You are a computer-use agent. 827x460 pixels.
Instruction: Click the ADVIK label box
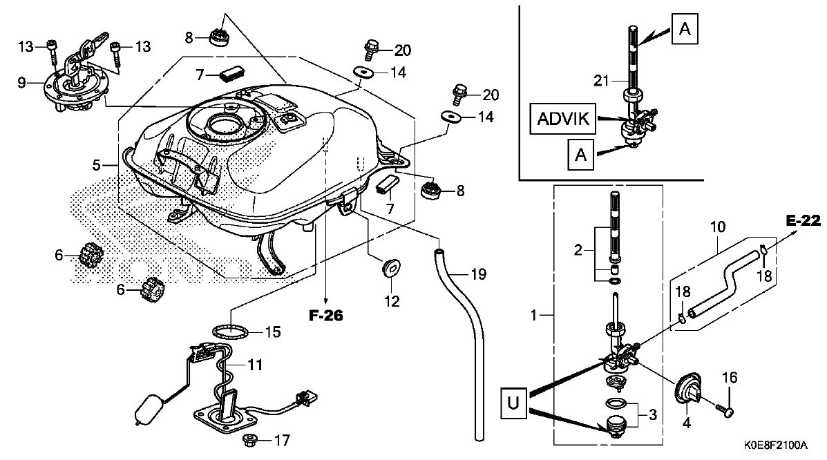point(563,118)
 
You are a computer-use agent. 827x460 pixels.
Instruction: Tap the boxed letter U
point(513,403)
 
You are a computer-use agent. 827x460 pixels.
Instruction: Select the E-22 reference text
point(803,220)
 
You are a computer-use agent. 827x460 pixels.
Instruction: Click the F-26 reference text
point(325,316)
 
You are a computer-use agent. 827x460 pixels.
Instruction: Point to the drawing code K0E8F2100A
point(775,445)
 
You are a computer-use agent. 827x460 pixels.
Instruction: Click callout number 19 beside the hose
point(478,274)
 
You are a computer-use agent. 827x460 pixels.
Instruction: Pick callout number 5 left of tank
point(96,165)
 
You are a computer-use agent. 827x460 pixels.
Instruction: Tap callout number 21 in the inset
point(601,81)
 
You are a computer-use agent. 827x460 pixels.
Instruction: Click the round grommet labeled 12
point(391,267)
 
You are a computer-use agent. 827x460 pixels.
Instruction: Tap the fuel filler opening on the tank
point(226,126)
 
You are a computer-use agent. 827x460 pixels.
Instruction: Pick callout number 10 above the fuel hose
point(718,227)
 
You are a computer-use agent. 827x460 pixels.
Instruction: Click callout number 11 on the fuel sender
point(255,365)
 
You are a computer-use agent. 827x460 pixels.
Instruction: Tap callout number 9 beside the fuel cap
point(21,82)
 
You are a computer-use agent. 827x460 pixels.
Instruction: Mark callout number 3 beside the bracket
point(653,414)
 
